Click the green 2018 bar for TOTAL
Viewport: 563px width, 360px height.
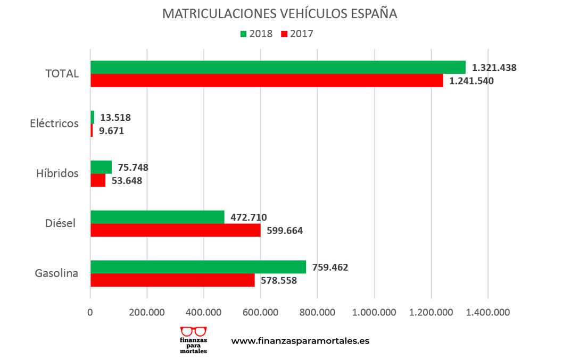coord(278,68)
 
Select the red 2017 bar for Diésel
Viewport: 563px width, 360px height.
coord(176,230)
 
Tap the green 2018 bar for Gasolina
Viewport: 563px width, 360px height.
coord(198,267)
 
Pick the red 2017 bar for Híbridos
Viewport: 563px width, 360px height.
coord(98,181)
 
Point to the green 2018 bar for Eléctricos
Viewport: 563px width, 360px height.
coord(93,117)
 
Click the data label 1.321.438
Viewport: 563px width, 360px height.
coord(494,68)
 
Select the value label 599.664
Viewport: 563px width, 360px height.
coord(285,230)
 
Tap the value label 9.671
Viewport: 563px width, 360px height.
coord(111,130)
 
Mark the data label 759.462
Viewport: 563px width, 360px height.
coord(330,267)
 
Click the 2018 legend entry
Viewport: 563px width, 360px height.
coord(256,34)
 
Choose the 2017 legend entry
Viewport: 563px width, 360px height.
coord(297,34)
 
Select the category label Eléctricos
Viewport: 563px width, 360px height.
coord(54,123)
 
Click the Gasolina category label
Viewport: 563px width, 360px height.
coord(57,274)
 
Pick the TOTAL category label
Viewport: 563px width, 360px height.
coord(62,74)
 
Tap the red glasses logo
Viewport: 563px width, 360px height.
coord(194,332)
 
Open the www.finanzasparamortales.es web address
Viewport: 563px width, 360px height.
coord(300,341)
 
